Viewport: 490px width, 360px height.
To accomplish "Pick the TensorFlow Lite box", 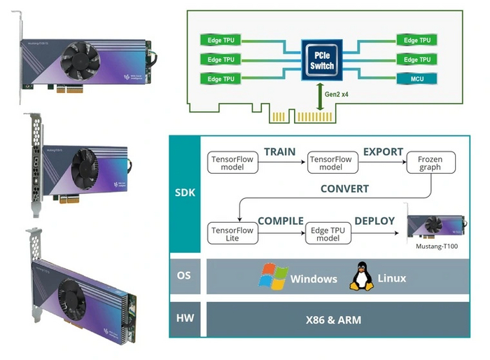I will point(225,233).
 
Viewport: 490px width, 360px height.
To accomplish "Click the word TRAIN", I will point(280,152).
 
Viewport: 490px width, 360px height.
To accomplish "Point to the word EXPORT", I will point(383,152).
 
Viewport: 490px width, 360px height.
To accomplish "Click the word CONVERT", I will point(345,189).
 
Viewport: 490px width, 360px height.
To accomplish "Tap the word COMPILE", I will point(280,221).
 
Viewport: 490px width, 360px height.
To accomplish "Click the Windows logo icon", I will point(273,276).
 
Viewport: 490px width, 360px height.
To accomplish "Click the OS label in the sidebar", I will point(186,276).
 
